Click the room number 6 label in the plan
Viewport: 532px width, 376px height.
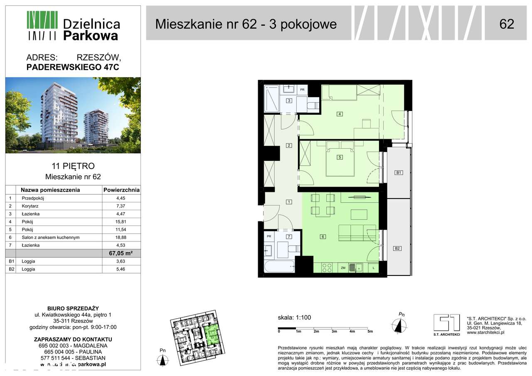(322, 237)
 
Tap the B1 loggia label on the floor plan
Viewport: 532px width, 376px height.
(398, 172)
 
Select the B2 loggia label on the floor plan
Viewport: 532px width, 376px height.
(397, 248)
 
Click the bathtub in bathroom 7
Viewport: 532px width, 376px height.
(279, 266)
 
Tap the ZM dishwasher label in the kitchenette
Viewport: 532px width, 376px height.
(343, 268)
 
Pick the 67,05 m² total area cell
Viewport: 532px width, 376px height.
(121, 253)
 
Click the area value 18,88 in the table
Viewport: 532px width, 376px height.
(121, 238)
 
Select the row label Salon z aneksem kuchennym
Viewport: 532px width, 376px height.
(50, 238)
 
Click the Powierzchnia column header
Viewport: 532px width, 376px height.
(121, 190)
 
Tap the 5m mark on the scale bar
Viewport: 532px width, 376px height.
(370, 331)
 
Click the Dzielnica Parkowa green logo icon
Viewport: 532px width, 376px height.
(42, 25)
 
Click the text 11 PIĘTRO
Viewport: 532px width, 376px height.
(73, 167)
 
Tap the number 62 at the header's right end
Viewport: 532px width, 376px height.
(507, 24)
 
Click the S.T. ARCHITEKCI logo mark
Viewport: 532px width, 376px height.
(446, 322)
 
